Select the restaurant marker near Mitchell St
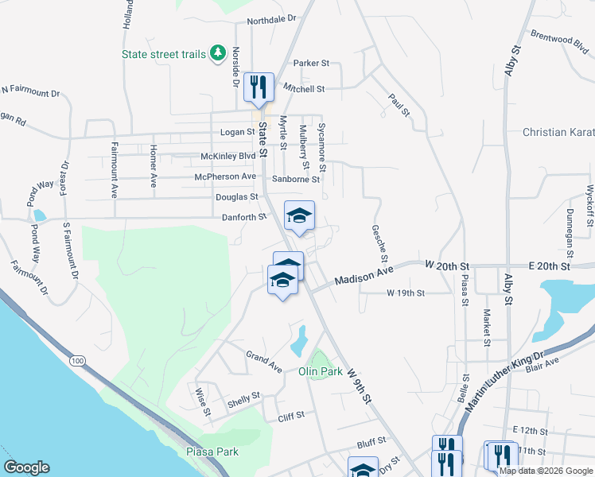(258, 87)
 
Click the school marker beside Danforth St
(299, 216)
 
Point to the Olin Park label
(320, 371)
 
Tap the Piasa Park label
(212, 452)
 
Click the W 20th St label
(449, 264)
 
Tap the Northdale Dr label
(270, 19)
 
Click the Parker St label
(311, 63)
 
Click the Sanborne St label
(295, 179)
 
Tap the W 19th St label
(406, 293)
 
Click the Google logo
(26, 467)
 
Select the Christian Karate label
(558, 132)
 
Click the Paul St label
(399, 106)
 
